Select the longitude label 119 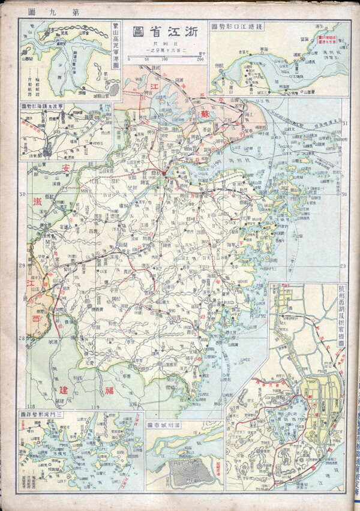(x=94, y=407)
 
